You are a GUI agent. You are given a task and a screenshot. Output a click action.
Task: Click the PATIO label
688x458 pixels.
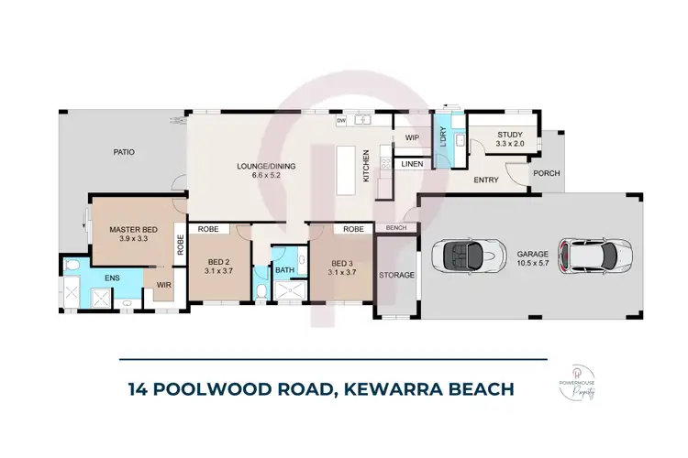125,152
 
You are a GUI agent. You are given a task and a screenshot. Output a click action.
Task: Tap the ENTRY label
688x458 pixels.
485,180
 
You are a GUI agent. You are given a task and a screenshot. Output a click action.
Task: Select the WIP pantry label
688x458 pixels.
412,138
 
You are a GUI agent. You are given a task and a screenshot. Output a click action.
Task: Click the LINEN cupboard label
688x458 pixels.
412,165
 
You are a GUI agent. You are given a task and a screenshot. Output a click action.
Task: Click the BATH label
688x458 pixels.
284,270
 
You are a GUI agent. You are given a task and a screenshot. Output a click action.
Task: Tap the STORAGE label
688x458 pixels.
397,274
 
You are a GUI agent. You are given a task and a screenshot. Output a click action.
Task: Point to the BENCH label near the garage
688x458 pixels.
396,227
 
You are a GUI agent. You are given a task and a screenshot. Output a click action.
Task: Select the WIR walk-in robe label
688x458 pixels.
163,285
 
